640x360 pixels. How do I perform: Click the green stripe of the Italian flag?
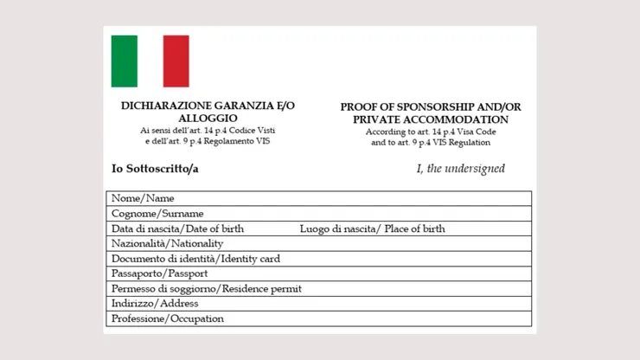pos(125,61)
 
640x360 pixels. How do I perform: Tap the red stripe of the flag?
pos(176,61)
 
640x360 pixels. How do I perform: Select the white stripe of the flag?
pos(150,61)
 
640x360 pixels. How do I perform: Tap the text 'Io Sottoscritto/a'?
pos(155,168)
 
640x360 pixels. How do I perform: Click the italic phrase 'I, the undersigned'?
pos(460,169)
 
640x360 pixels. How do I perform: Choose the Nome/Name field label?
pos(143,198)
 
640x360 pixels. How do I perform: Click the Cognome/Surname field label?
pos(157,214)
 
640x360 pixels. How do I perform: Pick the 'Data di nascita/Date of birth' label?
pos(177,228)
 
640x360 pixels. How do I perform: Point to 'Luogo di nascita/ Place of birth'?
pos(372,228)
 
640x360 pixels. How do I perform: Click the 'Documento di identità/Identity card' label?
pos(195,259)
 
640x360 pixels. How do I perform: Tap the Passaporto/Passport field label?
pos(159,273)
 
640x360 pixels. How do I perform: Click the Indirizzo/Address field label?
pos(155,304)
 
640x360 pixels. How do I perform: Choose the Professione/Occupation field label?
pos(168,318)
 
